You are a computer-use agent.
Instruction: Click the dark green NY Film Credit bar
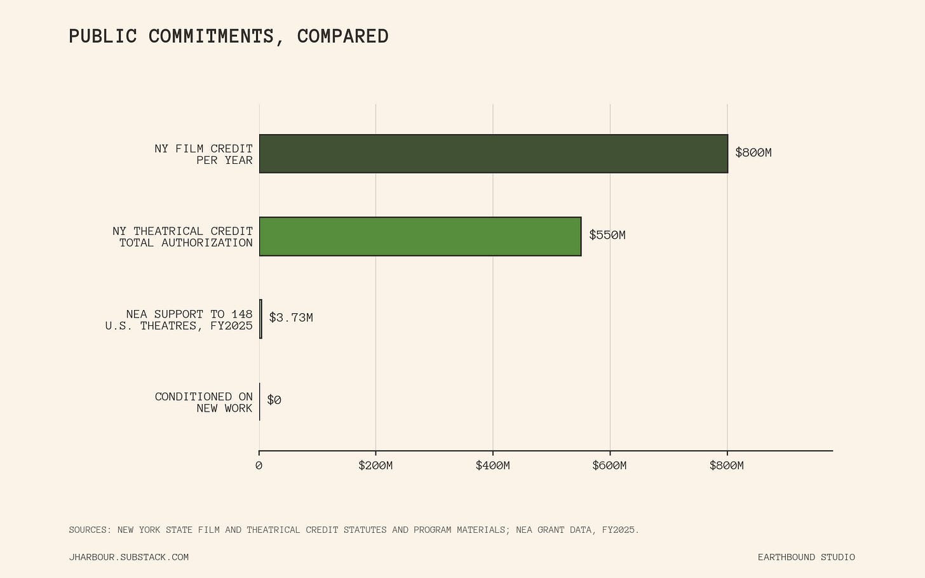click(x=494, y=154)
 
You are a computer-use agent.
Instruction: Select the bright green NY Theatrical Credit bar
click(x=420, y=236)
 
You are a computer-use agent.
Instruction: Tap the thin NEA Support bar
click(x=260, y=319)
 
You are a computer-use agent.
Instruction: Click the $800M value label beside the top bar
click(x=753, y=152)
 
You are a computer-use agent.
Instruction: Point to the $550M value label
click(x=607, y=235)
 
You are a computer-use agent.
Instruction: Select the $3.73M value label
click(x=291, y=318)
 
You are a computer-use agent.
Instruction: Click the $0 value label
click(x=274, y=400)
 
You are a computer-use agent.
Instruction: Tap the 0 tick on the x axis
click(x=259, y=466)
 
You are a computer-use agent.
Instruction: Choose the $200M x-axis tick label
click(x=375, y=466)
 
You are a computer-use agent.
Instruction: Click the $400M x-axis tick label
click(x=492, y=466)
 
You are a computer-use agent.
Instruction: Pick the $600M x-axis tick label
click(x=609, y=466)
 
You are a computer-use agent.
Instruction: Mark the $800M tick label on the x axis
click(x=727, y=466)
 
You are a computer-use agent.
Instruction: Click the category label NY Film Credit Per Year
click(x=203, y=154)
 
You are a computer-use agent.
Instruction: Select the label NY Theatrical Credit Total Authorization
click(x=182, y=237)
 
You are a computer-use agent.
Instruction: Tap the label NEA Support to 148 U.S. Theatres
click(x=179, y=320)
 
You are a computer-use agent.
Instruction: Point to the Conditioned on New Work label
click(x=203, y=403)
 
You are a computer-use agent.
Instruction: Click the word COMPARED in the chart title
click(x=343, y=36)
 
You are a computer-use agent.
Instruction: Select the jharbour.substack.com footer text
click(x=129, y=558)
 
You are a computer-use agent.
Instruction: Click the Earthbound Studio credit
click(x=806, y=558)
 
